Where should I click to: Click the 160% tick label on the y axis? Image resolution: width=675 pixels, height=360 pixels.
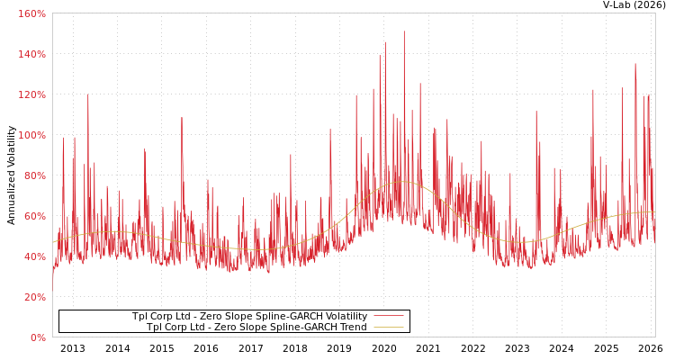[31, 13]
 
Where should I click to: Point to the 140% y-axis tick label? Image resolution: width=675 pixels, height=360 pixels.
[31, 54]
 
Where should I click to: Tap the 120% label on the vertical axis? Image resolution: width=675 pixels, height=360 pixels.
[31, 94]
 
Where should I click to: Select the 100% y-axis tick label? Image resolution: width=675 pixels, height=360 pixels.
[31, 135]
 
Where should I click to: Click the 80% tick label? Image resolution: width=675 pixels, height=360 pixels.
[34, 175]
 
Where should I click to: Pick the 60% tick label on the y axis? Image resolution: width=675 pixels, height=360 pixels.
[34, 216]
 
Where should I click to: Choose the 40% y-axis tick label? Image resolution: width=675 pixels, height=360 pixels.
[34, 256]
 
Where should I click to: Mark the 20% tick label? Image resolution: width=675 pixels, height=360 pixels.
[34, 297]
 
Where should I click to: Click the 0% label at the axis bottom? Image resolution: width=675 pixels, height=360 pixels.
[37, 337]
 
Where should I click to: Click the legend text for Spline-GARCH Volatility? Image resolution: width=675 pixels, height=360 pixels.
[249, 317]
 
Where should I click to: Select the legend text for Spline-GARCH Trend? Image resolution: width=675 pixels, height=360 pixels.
[256, 328]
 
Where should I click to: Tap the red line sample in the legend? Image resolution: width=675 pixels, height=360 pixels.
[388, 317]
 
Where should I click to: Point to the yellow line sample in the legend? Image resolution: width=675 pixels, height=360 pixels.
[388, 328]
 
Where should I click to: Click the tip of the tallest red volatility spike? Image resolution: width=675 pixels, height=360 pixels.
[403, 31]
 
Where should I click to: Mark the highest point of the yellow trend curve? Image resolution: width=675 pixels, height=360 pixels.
[402, 182]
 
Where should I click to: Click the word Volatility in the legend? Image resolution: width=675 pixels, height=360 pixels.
[345, 317]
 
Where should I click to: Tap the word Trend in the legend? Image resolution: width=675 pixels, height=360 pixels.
[352, 328]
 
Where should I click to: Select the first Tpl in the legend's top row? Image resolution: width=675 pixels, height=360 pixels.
[140, 317]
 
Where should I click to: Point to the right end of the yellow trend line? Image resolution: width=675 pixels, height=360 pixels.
[654, 212]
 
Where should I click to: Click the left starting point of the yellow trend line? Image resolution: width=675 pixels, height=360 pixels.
[53, 241]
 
